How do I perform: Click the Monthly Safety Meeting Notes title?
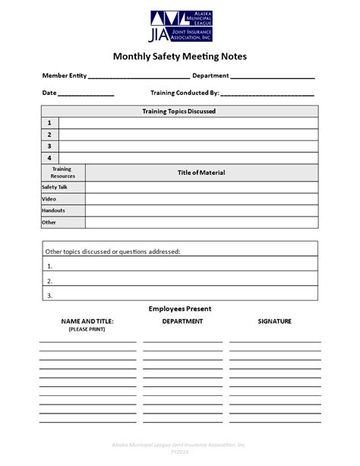tap(180, 56)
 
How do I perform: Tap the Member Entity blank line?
tap(139, 78)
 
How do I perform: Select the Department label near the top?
tap(210, 75)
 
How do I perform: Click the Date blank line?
tap(86, 95)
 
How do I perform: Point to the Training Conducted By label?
tap(185, 93)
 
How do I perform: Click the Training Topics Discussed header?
tap(179, 111)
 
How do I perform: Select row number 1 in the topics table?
tap(49, 122)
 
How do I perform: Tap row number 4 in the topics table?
tap(49, 157)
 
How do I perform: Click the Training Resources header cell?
tap(63, 173)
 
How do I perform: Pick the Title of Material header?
tap(201, 173)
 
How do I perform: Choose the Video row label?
tap(49, 199)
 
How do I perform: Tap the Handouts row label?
tap(53, 211)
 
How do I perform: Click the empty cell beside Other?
tap(201, 223)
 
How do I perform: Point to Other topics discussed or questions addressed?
tap(112, 250)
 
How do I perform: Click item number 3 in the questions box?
tap(50, 294)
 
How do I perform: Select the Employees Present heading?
tap(180, 309)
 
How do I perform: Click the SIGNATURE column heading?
tap(274, 322)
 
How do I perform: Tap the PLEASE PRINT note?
tap(87, 329)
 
